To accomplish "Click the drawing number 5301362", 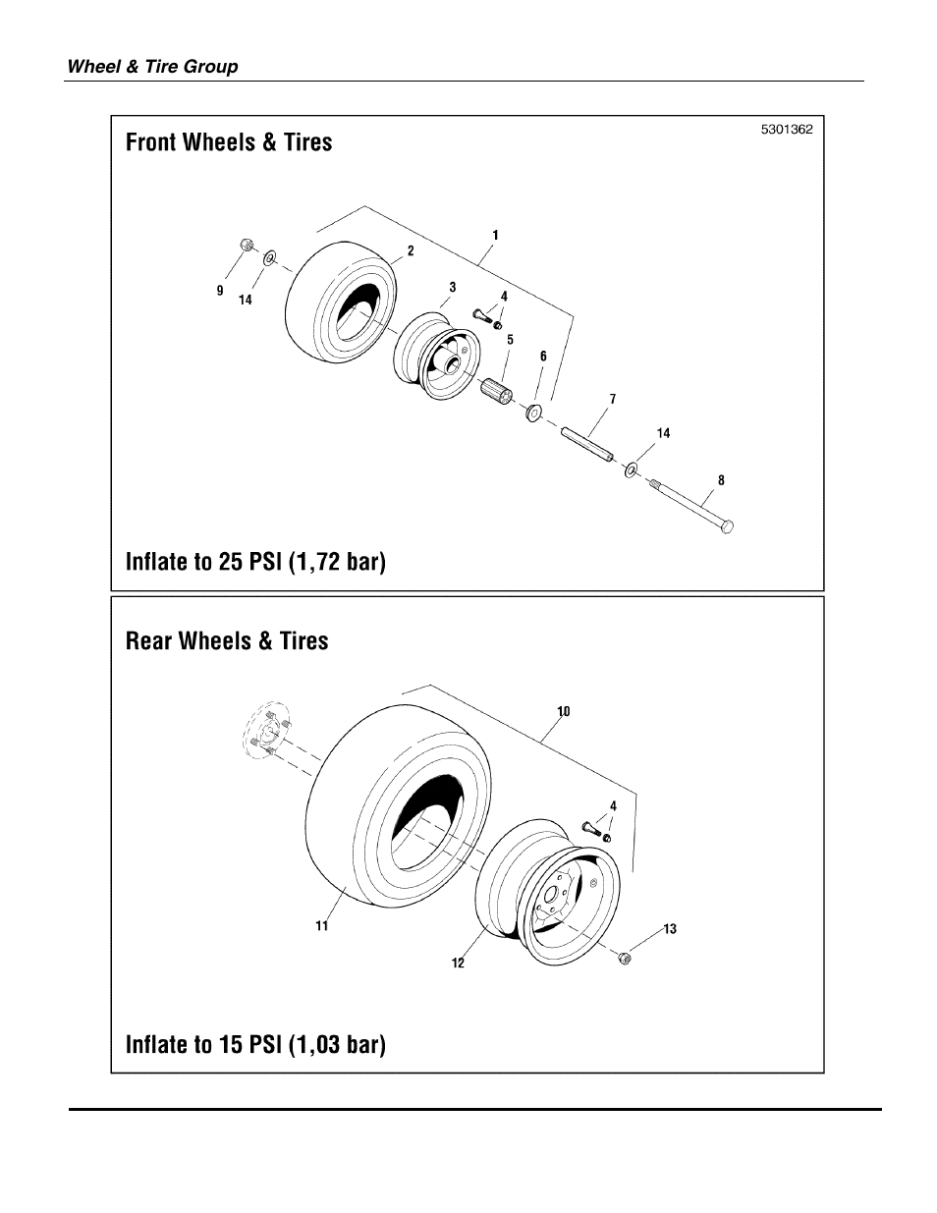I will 786,130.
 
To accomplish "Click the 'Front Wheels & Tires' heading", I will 229,142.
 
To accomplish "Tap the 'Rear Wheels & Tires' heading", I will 227,641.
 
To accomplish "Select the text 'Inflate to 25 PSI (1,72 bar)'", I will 255,562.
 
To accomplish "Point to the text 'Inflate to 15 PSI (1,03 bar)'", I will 255,1043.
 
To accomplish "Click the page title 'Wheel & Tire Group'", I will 152,67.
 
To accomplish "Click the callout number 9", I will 220,291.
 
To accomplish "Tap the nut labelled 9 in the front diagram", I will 248,245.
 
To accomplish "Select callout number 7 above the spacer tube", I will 613,399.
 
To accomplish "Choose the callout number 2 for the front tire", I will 411,251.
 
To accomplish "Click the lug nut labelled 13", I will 625,958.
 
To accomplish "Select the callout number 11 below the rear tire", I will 321,925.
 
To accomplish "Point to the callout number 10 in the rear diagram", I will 564,710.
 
